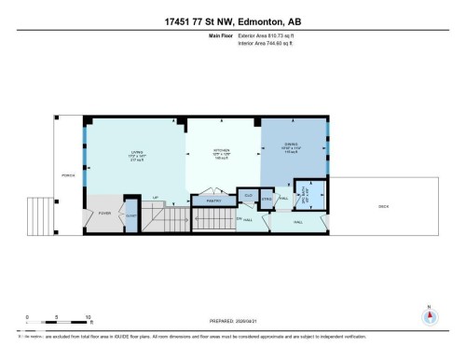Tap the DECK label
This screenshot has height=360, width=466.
click(x=383, y=206)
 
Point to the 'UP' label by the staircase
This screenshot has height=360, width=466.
click(x=156, y=198)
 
